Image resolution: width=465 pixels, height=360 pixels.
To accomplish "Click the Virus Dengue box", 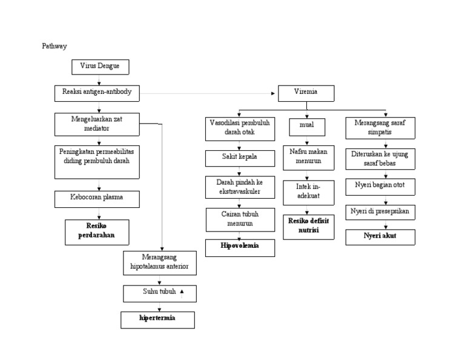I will coord(100,67).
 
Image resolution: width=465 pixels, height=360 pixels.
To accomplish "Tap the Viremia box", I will coord(306,93).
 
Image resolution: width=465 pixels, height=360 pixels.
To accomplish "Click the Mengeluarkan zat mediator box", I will coord(97,124).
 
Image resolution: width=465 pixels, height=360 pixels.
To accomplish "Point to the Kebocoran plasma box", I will coord(97,199).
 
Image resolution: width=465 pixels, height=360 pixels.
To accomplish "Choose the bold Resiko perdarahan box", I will coord(97,232).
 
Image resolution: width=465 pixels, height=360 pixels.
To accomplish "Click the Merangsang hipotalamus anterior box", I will coord(160,262).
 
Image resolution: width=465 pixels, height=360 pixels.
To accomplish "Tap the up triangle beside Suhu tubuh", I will coord(182,292).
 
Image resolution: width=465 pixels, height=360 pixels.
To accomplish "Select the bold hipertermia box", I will coord(157,319).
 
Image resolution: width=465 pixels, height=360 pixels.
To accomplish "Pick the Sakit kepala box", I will coord(240,158).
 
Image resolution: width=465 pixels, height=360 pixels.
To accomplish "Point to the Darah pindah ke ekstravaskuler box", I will coord(240,187).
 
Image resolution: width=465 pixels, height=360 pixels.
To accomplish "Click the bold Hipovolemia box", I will coord(240,247).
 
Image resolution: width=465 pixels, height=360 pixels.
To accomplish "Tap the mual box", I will coord(307,127).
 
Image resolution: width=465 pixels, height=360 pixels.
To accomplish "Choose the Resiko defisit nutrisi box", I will coord(308,227).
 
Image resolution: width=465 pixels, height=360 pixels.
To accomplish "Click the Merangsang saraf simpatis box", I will coord(380,127).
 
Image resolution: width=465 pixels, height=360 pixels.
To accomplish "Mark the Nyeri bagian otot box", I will coord(380,186).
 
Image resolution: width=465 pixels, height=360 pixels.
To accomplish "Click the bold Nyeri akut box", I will coord(380,236).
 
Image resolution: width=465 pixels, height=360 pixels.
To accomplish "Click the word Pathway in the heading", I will coord(54,46).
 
